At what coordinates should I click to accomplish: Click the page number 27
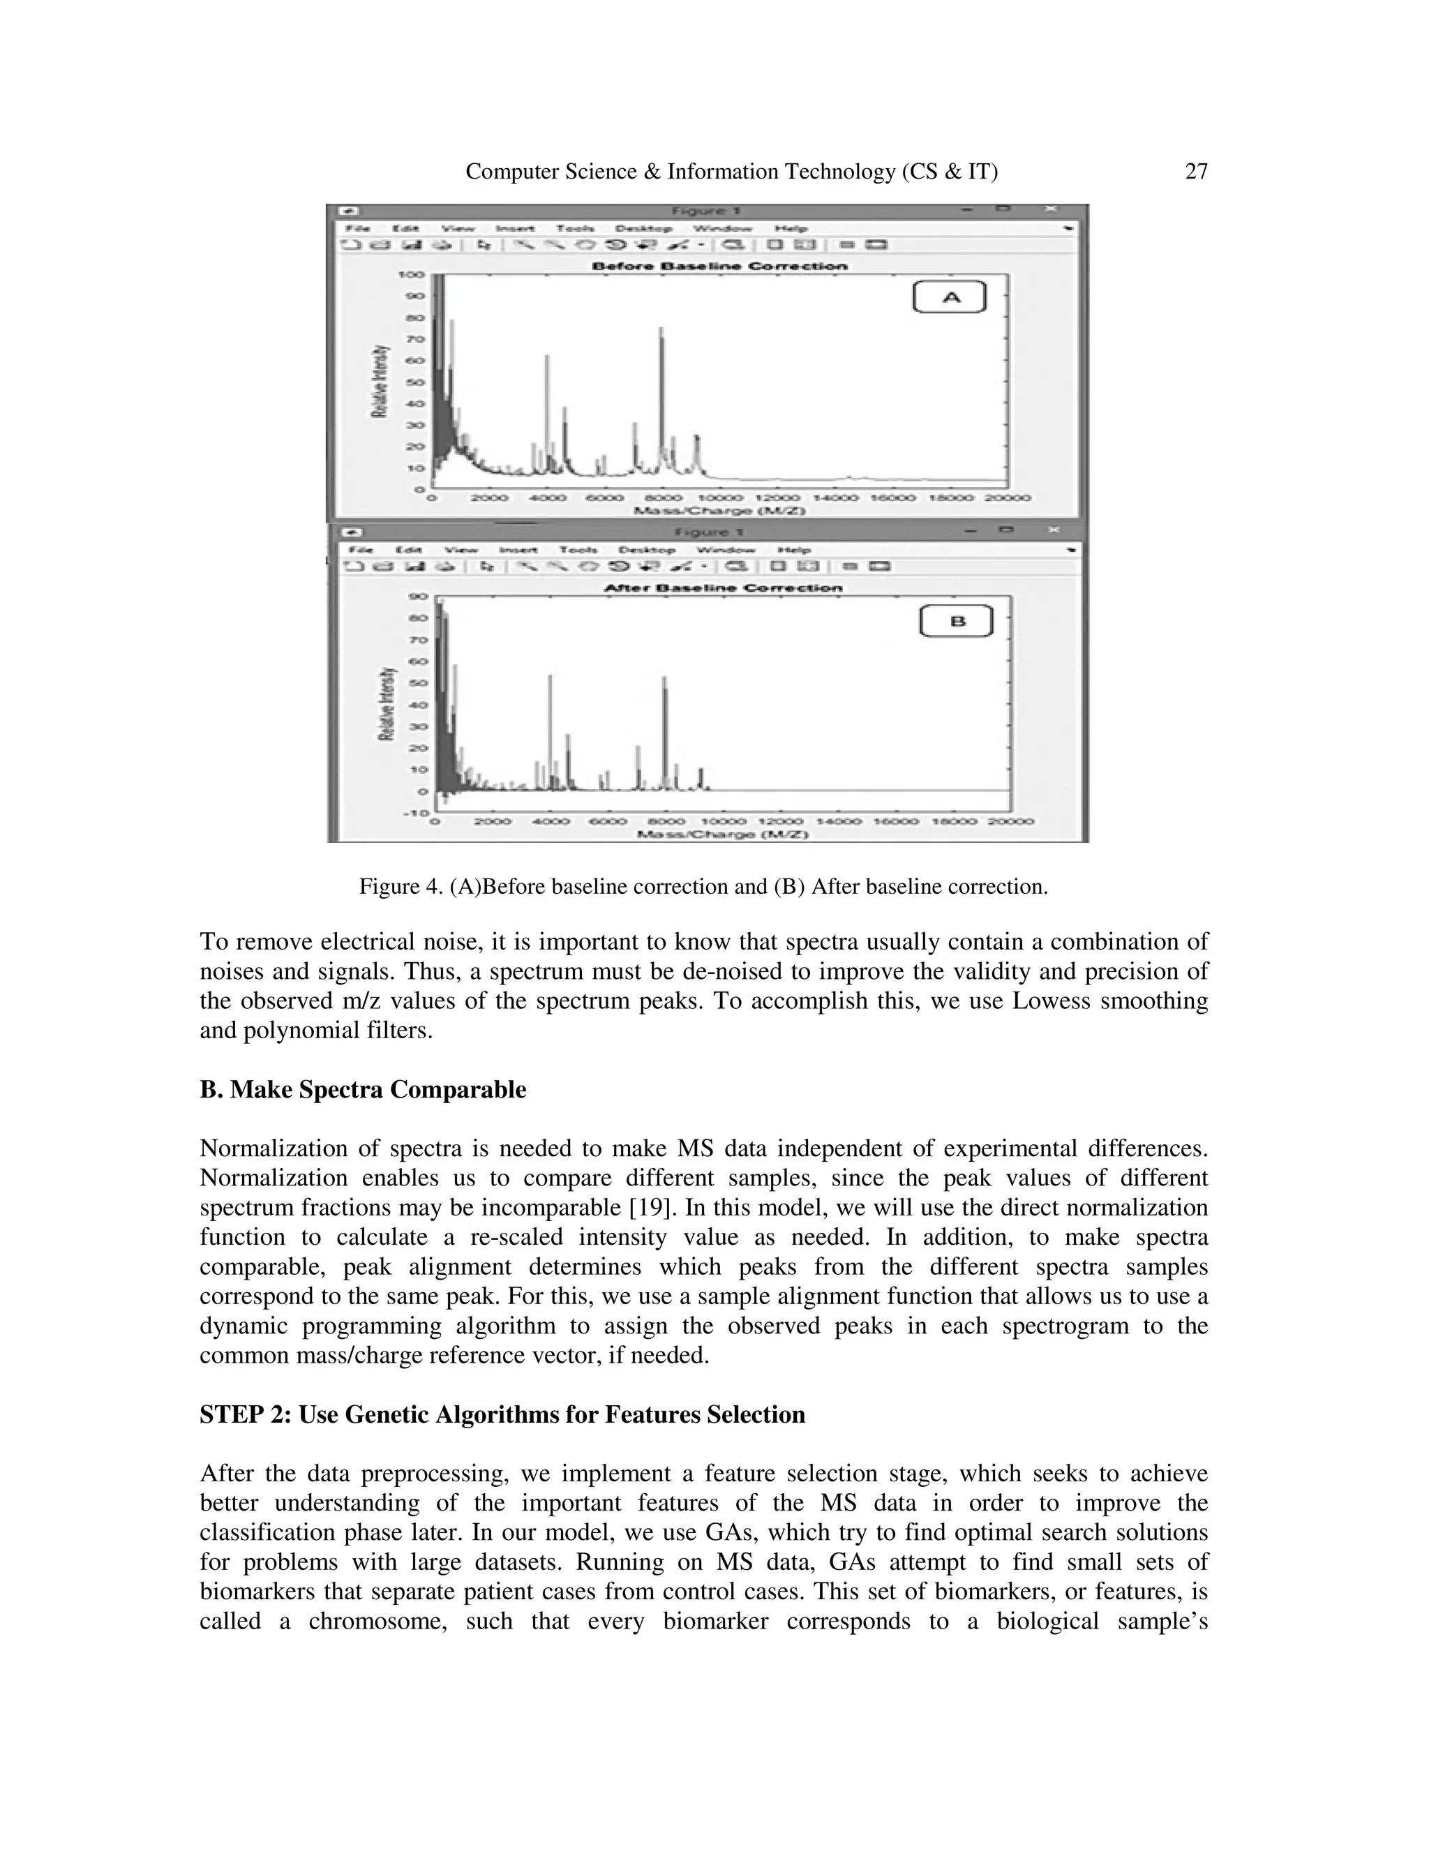coord(1195,172)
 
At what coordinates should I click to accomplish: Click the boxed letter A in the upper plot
coord(950,297)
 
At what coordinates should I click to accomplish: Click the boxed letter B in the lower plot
coord(956,622)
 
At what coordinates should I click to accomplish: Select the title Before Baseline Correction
coord(719,266)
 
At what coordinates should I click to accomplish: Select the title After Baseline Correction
coord(722,587)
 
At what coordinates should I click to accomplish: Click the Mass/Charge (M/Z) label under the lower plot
coord(722,834)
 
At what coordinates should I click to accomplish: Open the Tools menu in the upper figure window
coord(575,229)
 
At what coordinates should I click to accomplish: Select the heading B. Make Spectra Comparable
coord(362,1090)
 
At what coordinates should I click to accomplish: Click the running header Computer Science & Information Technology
coord(731,172)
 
